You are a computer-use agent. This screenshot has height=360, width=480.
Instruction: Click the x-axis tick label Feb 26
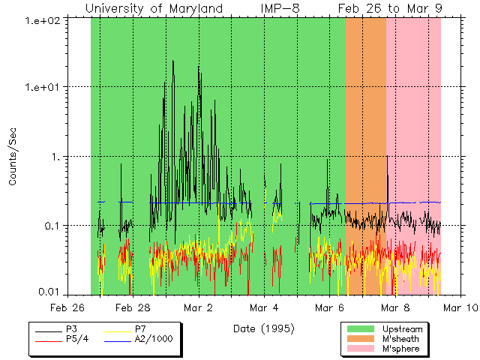pos(67,307)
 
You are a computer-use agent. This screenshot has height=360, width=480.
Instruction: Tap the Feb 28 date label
pos(133,307)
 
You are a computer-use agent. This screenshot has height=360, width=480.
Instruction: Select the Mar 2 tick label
pos(199,307)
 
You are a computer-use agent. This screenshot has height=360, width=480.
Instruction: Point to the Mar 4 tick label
pos(264,307)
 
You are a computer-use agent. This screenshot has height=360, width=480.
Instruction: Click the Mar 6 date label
pos(330,307)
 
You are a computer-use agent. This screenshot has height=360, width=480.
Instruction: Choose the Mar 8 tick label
pos(395,307)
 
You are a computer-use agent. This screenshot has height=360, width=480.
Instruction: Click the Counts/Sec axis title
pos(13,156)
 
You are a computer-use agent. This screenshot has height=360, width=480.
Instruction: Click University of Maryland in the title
pos(154,8)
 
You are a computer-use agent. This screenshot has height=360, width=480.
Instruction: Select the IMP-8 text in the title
pos(280,8)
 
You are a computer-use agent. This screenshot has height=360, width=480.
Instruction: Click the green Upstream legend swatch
pos(359,329)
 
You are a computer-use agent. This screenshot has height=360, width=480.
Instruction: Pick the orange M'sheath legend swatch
pos(359,339)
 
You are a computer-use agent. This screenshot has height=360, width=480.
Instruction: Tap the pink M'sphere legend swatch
pos(359,349)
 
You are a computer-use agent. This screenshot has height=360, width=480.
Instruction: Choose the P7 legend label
pos(140,329)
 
